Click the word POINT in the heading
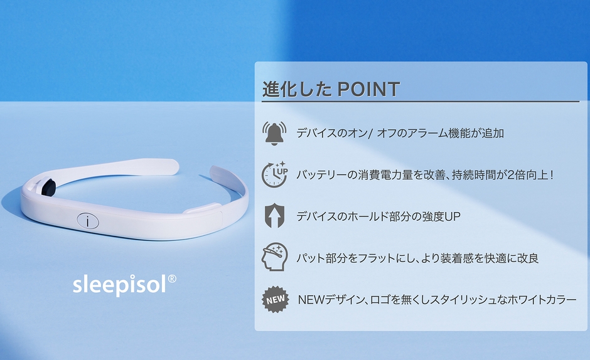pos(368,89)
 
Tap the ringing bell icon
pos(274,133)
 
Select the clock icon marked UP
pos(275,175)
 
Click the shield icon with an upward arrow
pos(274,216)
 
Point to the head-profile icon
pos(275,257)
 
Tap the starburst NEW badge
pos(276,299)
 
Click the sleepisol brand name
pos(120,285)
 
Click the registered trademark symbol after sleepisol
pos(171,278)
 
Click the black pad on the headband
pos(49,186)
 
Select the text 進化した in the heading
pos(297,89)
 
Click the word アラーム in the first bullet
pos(424,133)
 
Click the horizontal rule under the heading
pos(421,102)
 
